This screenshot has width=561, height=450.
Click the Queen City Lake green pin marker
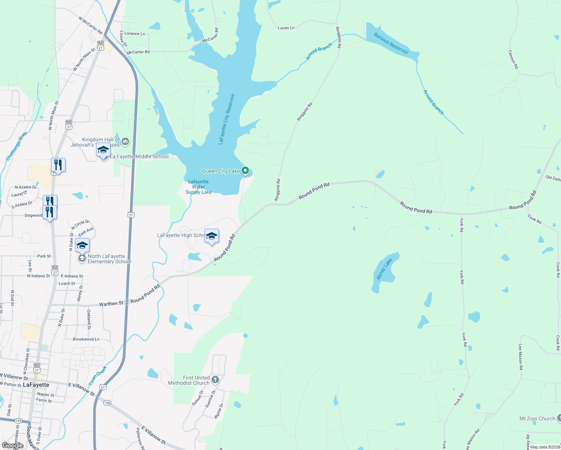pyautogui.click(x=245, y=171)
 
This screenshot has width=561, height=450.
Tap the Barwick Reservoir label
pyautogui.click(x=391, y=43)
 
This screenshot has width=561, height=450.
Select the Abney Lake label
pyautogui.click(x=384, y=269)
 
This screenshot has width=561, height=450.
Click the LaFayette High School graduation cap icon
pyautogui.click(x=212, y=236)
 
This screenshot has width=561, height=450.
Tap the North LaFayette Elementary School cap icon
pyautogui.click(x=82, y=246)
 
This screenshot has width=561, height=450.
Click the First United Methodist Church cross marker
pyautogui.click(x=215, y=380)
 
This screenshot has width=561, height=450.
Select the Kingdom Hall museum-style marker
pyautogui.click(x=125, y=142)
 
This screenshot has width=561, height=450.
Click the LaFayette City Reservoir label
pyautogui.click(x=226, y=119)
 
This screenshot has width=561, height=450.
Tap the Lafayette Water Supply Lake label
pyautogui.click(x=198, y=187)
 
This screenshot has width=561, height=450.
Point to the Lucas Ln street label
pyautogui.click(x=286, y=28)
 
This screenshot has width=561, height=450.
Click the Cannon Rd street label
pyautogui.click(x=513, y=59)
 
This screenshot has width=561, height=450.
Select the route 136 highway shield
pyautogui.click(x=107, y=403)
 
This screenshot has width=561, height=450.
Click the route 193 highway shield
pyautogui.click(x=19, y=421)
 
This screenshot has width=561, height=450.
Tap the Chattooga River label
pyautogui.click(x=16, y=146)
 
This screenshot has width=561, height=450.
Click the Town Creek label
pyautogui.click(x=98, y=376)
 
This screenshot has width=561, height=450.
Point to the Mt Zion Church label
pyautogui.click(x=537, y=418)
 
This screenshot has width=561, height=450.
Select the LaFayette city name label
pyautogui.click(x=36, y=385)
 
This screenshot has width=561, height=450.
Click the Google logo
pyautogui.click(x=12, y=445)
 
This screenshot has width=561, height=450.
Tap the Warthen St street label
pyautogui.click(x=111, y=303)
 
